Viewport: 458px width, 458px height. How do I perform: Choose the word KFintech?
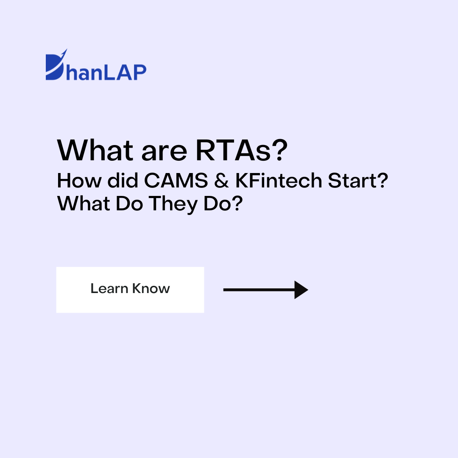(x=279, y=181)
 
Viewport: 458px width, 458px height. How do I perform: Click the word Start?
(x=358, y=181)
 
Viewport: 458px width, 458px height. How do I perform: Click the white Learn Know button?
(x=130, y=290)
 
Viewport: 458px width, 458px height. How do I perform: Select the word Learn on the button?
(x=109, y=288)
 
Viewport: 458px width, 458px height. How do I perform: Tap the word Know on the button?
(x=151, y=288)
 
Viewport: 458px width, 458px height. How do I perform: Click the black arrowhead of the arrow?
(x=301, y=290)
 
